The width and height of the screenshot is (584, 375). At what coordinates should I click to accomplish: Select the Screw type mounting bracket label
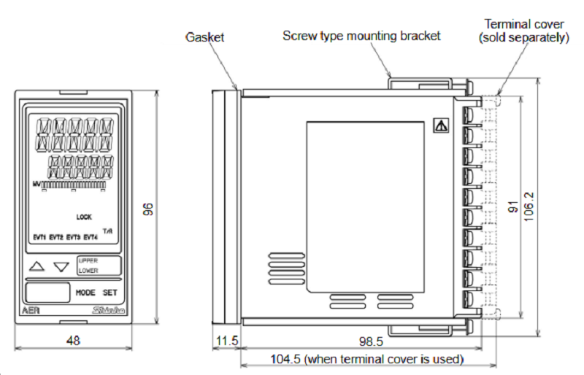pyautogui.click(x=361, y=35)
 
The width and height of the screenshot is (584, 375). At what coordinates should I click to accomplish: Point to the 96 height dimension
pyautogui.click(x=148, y=209)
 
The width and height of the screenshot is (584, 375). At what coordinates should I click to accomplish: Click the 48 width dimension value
pyautogui.click(x=72, y=340)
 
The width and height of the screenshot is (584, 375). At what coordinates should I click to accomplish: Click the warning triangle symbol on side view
pyautogui.click(x=440, y=125)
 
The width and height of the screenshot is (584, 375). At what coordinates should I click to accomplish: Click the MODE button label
pyautogui.click(x=85, y=292)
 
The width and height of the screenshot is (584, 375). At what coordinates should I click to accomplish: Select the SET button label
pyautogui.click(x=109, y=292)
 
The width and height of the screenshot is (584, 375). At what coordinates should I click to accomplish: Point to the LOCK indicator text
pyautogui.click(x=84, y=217)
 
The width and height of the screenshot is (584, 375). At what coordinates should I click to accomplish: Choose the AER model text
pyautogui.click(x=30, y=311)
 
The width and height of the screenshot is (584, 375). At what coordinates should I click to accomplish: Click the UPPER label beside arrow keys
pyautogui.click(x=88, y=260)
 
